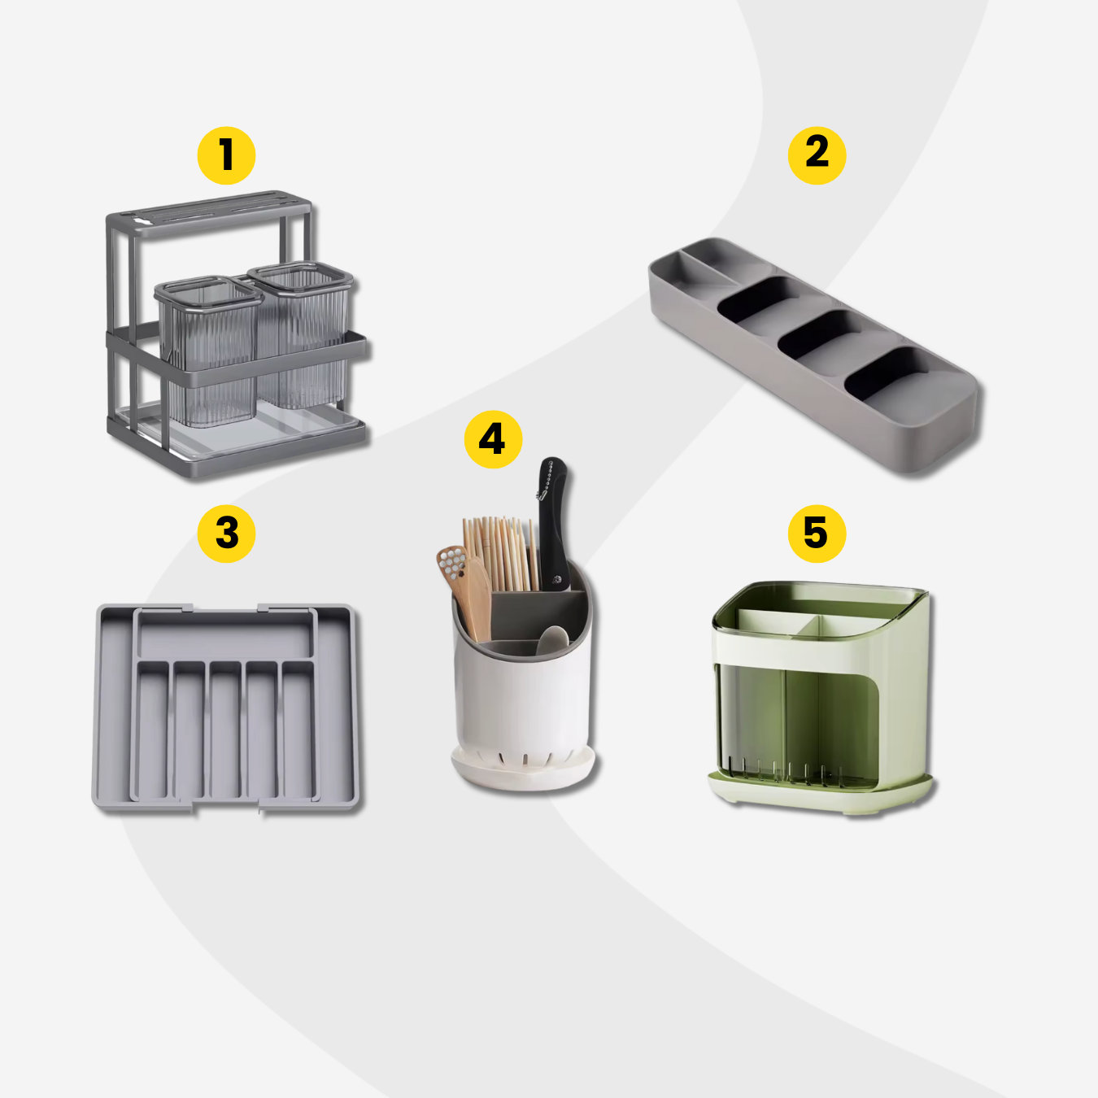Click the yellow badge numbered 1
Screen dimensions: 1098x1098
pyautogui.click(x=226, y=155)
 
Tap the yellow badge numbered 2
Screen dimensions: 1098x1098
pyautogui.click(x=817, y=155)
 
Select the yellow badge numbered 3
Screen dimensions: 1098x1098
pyautogui.click(x=226, y=534)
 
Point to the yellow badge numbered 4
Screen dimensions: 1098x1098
pyautogui.click(x=493, y=439)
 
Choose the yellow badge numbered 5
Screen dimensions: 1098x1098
pyautogui.click(x=817, y=534)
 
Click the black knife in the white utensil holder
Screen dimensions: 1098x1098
pyautogui.click(x=553, y=525)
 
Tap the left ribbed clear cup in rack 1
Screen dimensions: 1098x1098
pyautogui.click(x=208, y=351)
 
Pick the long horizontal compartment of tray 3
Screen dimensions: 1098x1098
pyautogui.click(x=225, y=634)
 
